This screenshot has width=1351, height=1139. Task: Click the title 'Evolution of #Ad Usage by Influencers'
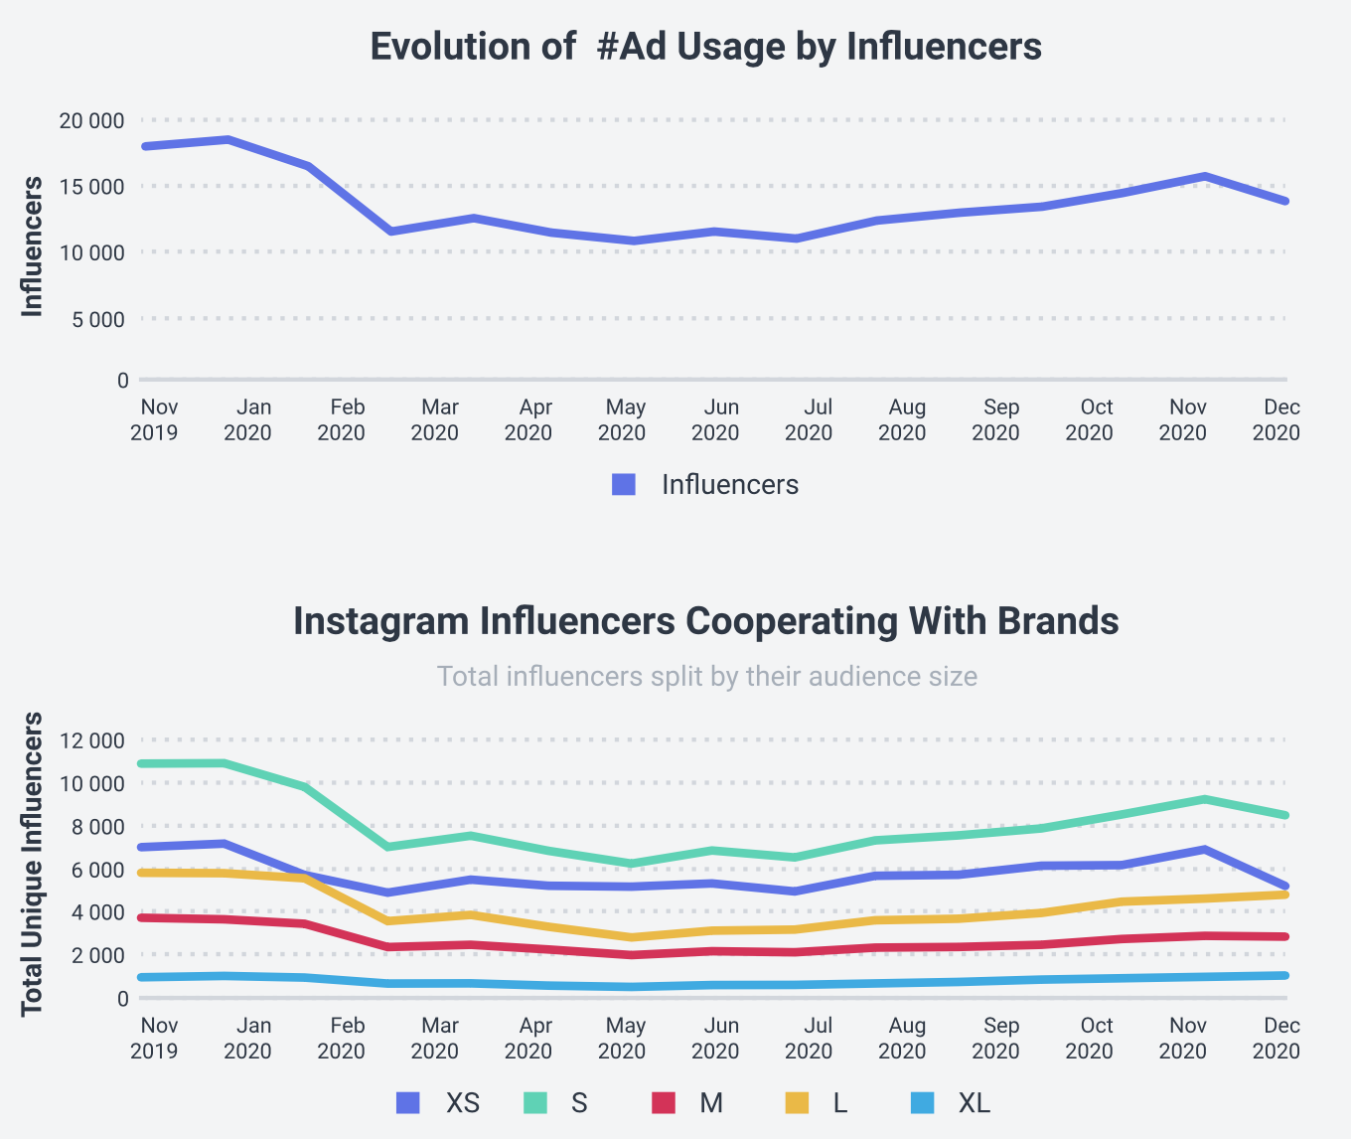point(705,47)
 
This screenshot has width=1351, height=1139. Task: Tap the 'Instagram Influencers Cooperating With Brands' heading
point(705,621)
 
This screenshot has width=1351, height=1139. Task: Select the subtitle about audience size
point(706,677)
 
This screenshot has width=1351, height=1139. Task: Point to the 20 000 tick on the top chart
point(91,121)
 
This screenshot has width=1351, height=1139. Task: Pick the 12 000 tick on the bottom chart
point(91,740)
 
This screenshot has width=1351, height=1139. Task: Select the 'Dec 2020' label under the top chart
point(1279,419)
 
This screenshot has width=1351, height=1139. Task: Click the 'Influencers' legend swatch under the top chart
point(624,485)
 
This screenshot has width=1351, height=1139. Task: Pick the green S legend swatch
point(535,1103)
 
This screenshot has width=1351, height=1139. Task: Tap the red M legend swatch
point(663,1103)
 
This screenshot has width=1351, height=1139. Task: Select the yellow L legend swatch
point(797,1103)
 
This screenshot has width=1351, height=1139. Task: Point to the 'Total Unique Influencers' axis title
point(33,864)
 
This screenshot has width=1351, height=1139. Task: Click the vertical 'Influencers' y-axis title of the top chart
point(33,247)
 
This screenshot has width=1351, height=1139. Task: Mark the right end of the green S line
point(1285,815)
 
